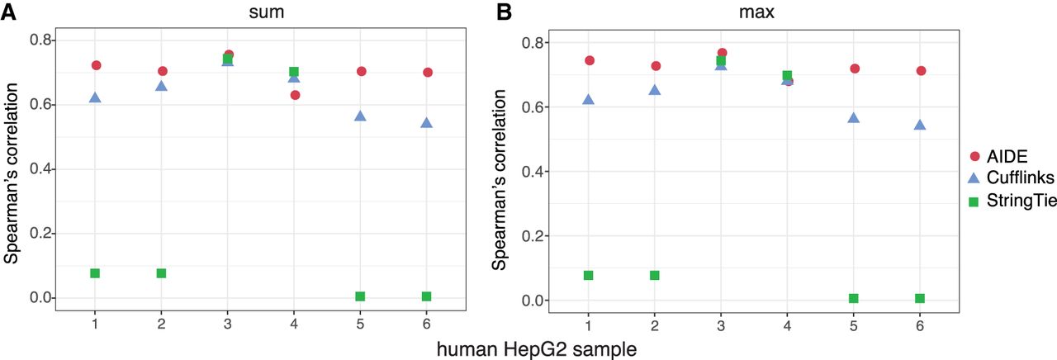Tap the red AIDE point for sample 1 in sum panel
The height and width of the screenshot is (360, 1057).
96,65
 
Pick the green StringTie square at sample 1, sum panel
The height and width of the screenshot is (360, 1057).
95,273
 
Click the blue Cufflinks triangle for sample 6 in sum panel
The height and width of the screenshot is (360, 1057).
427,123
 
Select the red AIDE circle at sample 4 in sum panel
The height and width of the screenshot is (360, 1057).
295,95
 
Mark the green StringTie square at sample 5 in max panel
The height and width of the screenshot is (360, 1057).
854,298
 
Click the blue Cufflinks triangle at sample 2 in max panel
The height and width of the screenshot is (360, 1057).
655,90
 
